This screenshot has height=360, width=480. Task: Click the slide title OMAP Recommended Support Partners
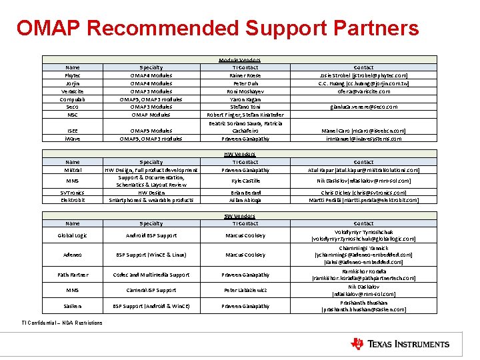[218, 29]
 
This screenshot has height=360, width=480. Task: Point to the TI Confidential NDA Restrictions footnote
[62, 323]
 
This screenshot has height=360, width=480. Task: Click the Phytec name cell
[73, 75]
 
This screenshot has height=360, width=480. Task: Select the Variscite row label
[73, 91]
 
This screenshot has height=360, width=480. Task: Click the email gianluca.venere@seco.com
[363, 107]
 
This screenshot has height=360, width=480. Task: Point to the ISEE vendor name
[73, 131]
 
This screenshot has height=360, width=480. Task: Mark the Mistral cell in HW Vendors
[73, 170]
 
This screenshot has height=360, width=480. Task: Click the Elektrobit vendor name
[73, 199]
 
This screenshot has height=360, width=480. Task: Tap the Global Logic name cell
[73, 235]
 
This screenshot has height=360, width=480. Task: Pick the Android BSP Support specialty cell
[151, 235]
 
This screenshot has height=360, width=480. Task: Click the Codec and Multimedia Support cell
[151, 275]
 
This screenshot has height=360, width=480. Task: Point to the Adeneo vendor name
[73, 255]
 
